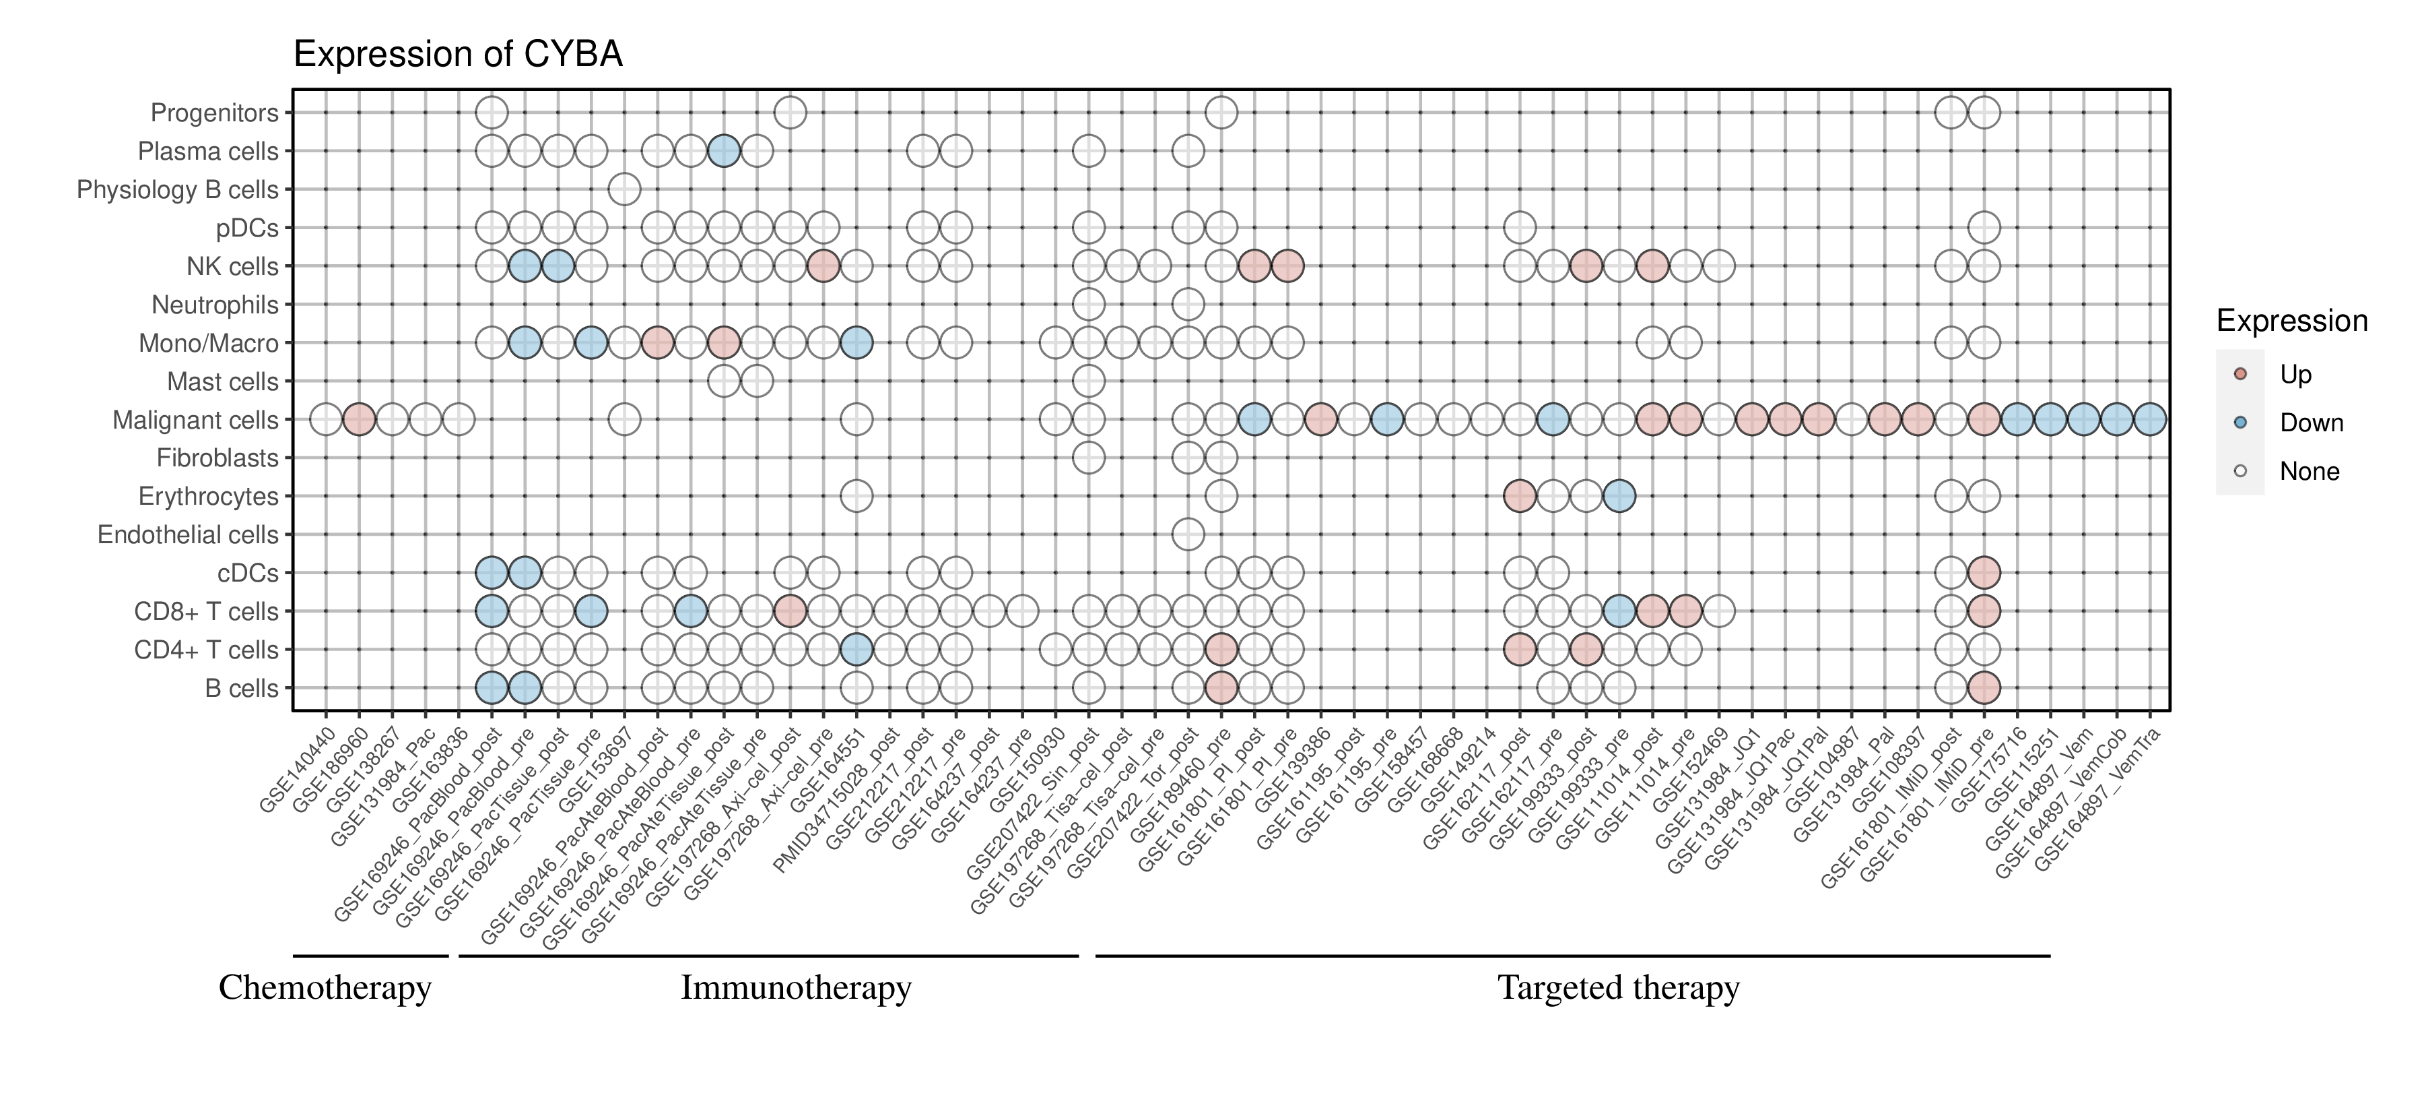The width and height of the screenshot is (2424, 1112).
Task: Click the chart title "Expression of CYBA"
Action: pyautogui.click(x=459, y=55)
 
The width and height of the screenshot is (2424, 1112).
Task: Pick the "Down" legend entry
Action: pyautogui.click(x=2310, y=423)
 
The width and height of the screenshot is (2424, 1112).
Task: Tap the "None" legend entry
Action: pyautogui.click(x=2308, y=472)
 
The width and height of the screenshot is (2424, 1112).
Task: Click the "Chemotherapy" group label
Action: pyautogui.click(x=325, y=988)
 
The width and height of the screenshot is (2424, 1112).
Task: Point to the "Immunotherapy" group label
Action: pyautogui.click(x=796, y=988)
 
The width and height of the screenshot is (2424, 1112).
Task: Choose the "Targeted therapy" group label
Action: pyautogui.click(x=1619, y=988)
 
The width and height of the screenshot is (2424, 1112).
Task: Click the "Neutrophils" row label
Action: pyautogui.click(x=215, y=305)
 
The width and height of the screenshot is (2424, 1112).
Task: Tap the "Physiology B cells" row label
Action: pyautogui.click(x=177, y=189)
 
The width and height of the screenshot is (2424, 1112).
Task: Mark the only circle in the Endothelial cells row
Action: pyautogui.click(x=1188, y=535)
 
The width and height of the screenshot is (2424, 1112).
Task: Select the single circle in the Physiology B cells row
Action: pyautogui.click(x=624, y=189)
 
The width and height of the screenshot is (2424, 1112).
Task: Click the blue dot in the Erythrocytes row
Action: pyautogui.click(x=1619, y=496)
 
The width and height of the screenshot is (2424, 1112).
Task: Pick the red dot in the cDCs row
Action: pyautogui.click(x=1984, y=572)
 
